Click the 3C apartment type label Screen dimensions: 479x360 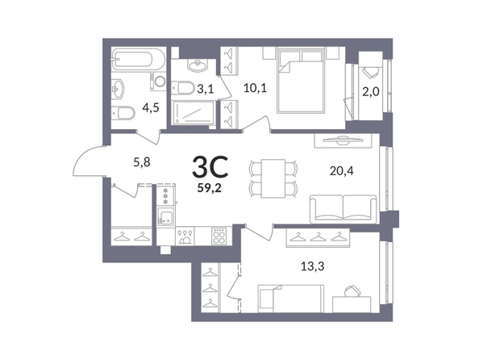[210, 166]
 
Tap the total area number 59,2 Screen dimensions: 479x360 [209, 187]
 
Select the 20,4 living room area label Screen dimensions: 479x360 [342, 170]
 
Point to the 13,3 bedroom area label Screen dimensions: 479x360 [313, 266]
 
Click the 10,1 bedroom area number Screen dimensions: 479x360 [255, 88]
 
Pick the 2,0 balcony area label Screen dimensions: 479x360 [371, 91]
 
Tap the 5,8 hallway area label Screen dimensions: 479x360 [142, 162]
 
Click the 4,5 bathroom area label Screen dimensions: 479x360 [151, 107]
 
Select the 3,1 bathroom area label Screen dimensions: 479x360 [206, 90]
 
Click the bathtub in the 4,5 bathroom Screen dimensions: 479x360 [138, 59]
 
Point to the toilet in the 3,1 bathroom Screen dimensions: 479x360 [182, 88]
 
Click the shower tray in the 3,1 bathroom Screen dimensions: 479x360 [193, 113]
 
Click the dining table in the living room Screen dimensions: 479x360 [273, 178]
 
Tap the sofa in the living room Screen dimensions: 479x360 [344, 209]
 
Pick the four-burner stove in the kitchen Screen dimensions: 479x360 [219, 236]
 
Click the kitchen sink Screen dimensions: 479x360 [166, 216]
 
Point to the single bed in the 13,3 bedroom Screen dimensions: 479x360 [290, 299]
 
